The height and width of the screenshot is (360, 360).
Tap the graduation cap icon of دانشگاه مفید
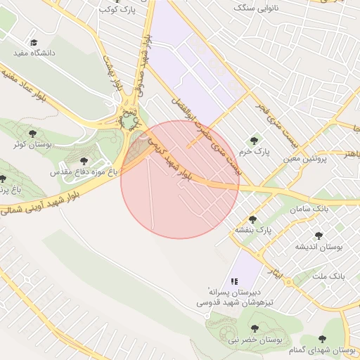(34, 42)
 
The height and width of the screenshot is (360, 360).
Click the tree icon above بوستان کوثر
(32, 133)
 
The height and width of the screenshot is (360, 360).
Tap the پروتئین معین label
(306, 159)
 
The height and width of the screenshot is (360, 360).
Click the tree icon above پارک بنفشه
(252, 219)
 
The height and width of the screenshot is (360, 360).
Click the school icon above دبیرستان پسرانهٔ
(233, 281)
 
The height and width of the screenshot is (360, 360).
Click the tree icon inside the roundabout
(129, 122)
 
